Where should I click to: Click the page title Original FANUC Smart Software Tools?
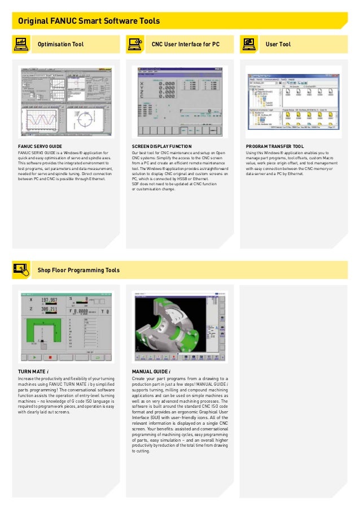pos(89,21)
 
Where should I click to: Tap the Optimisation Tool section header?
pos(60,44)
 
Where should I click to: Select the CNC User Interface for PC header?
pos(185,44)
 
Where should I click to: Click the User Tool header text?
pos(278,44)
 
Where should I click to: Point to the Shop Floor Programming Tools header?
pos(78,271)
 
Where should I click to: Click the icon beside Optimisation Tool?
pos(20,44)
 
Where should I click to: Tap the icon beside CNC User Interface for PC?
pos(134,44)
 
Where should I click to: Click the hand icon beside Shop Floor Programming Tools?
pos(20,270)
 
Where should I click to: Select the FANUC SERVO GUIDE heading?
pos(40,146)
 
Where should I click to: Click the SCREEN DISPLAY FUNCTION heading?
pos(161,146)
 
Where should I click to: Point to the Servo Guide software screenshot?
pos(67,102)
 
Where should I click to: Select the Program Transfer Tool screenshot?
pos(293,102)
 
